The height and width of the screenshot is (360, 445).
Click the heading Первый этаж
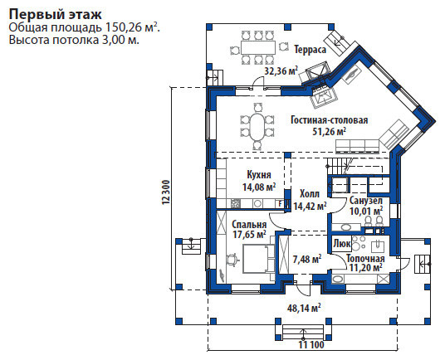click(x=56, y=14)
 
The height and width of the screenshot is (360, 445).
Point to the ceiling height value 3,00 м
click(x=119, y=40)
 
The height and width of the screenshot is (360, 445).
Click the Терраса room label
click(x=310, y=50)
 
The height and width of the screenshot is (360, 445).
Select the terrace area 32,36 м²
click(x=281, y=71)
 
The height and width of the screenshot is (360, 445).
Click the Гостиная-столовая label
click(x=330, y=120)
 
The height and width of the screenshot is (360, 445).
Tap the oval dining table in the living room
click(x=257, y=127)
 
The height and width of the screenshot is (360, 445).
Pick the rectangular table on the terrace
click(x=258, y=47)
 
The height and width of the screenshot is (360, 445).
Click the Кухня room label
click(x=259, y=175)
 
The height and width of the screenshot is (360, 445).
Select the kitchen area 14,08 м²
click(x=259, y=187)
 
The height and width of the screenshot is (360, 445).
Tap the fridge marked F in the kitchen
click(x=280, y=203)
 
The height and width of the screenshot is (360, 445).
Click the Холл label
click(x=310, y=194)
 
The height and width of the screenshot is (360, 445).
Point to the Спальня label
click(x=249, y=225)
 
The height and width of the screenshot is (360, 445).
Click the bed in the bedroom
click(x=257, y=260)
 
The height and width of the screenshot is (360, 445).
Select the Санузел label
click(x=366, y=201)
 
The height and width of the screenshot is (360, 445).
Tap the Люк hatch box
click(x=342, y=243)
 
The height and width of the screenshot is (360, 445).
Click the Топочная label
click(x=365, y=258)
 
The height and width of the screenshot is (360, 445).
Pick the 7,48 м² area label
click(x=307, y=259)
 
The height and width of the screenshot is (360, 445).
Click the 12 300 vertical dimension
click(x=166, y=192)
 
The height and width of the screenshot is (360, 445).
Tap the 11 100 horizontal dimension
click(x=311, y=345)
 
